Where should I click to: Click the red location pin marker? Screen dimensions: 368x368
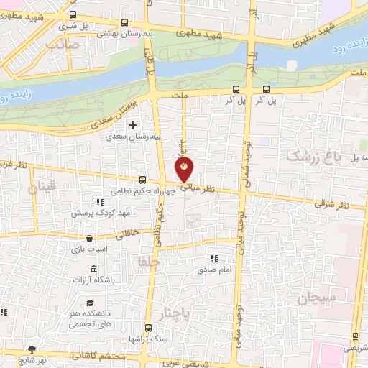click(185, 170)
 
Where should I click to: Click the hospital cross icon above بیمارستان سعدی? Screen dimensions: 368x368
click(132, 126)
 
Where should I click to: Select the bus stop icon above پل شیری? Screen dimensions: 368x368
click(73, 14)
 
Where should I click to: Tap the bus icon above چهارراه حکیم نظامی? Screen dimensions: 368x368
click(142, 180)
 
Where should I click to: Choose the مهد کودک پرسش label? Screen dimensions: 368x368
click(101, 213)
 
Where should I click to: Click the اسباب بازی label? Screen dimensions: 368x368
click(88, 249)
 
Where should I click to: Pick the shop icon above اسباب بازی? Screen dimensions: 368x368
click(88, 238)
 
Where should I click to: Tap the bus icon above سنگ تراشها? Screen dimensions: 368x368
click(149, 326)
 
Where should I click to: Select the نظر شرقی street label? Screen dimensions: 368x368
click(330, 205)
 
